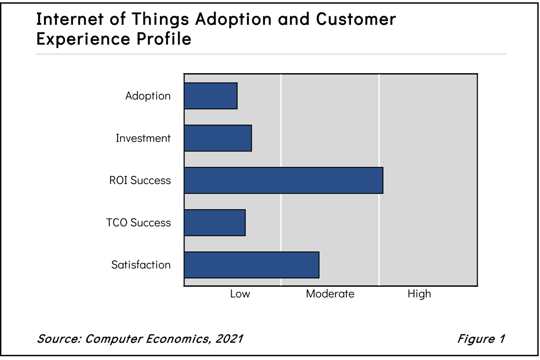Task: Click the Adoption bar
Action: pos(210,96)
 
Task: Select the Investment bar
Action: pos(217,138)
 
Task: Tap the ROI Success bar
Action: pos(283,180)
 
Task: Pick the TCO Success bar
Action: pos(214,222)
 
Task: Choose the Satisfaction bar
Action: pos(251,264)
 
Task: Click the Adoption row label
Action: pos(148,96)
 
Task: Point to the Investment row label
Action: pos(143,138)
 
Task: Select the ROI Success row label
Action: pos(140,180)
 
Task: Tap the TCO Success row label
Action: pos(139,223)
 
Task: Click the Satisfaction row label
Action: pos(141,265)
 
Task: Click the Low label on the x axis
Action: pos(240,294)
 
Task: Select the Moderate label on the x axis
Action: pos(330,294)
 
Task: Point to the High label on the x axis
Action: pos(419,294)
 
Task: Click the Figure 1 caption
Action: pos(480,338)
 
